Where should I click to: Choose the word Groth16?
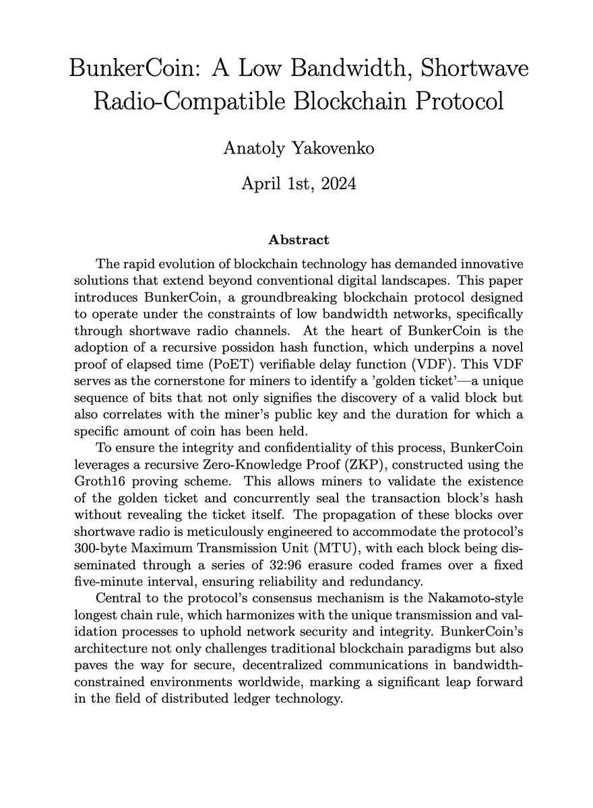(121, 481)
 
